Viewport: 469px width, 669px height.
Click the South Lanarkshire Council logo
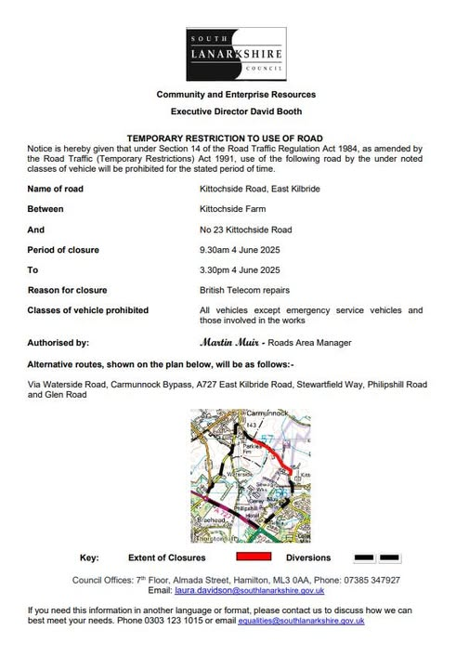(235, 54)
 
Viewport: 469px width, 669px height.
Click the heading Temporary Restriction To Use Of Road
(235, 136)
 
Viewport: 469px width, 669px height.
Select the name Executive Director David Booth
(235, 110)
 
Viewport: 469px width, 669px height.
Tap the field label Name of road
(58, 189)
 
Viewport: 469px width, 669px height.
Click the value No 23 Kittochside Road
(246, 229)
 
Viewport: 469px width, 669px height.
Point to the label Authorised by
(59, 342)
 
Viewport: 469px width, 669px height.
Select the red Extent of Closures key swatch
(254, 557)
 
